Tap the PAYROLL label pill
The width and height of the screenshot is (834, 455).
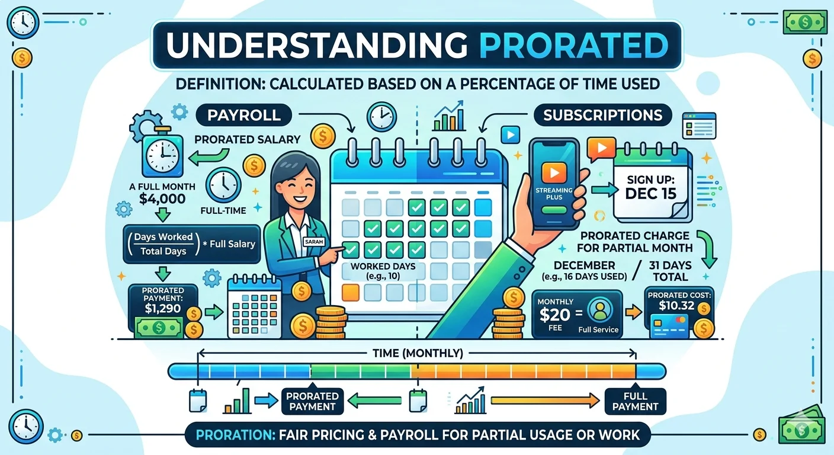point(245,114)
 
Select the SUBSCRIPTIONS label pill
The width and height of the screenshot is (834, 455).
point(602,114)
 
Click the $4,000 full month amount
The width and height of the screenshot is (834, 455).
point(162,198)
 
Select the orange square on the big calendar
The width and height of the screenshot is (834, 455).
point(351,291)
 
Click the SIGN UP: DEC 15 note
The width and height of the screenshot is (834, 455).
point(650,185)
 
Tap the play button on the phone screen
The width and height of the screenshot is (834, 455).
point(554,172)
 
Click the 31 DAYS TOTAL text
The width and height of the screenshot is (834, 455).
point(671,271)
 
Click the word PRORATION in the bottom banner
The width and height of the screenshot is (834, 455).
point(234,435)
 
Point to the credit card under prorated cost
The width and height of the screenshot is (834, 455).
point(669,326)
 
